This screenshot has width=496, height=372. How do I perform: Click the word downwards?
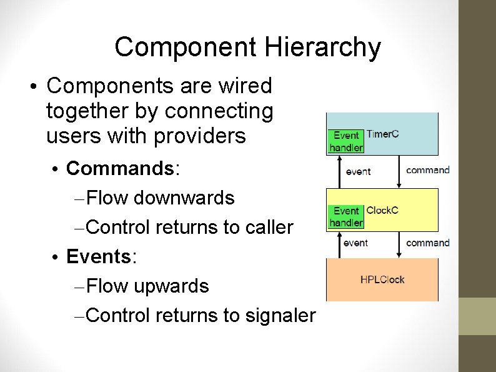[184, 198]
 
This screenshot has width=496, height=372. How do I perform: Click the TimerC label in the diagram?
[382, 134]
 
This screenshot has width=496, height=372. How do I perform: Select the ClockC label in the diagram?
[382, 210]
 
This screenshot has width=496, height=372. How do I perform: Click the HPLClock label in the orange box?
[382, 279]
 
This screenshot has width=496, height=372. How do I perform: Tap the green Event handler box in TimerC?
[346, 141]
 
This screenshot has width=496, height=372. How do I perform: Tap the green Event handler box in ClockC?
[346, 217]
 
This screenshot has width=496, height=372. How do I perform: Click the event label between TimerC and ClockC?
[357, 171]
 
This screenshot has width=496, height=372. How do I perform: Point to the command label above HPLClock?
[428, 243]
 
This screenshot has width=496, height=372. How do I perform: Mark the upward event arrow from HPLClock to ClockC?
[340, 244]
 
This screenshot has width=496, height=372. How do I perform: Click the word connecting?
[219, 111]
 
